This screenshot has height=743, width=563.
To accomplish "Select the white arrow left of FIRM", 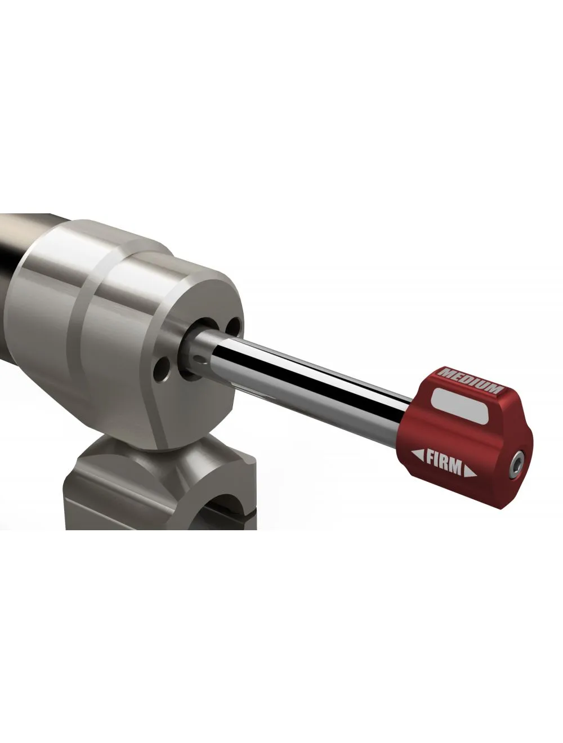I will [x=418, y=454].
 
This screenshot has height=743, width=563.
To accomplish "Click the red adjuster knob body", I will [x=428, y=428].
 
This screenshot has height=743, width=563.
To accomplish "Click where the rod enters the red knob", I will [x=406, y=411].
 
